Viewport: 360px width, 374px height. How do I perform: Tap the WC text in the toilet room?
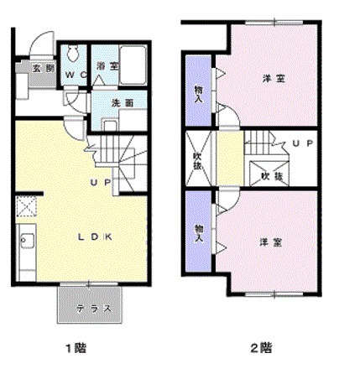pos(74,74)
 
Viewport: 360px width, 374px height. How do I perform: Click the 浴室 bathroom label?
pos(106,66)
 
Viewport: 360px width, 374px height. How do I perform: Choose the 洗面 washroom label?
pos(123,102)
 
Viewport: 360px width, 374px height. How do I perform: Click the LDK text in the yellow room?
pos(96,236)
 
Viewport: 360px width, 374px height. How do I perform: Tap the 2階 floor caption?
pos(260,346)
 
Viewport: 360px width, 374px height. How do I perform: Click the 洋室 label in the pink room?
pos(270,79)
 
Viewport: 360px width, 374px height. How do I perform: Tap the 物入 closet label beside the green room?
pos(199,232)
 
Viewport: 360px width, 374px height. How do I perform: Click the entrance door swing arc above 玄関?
pos(42,44)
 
